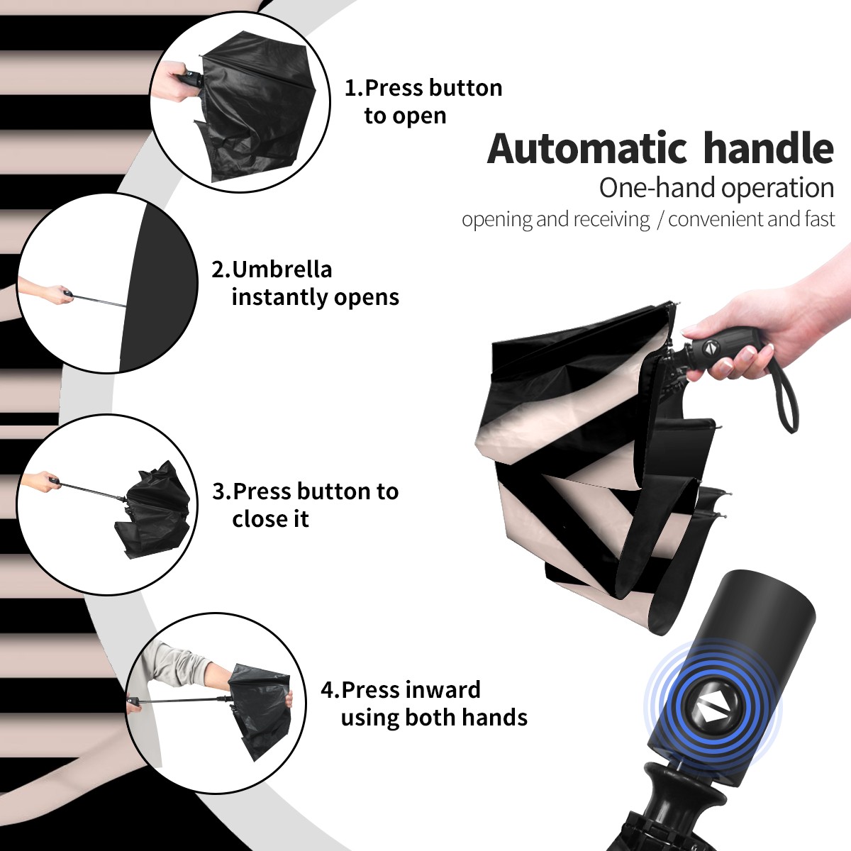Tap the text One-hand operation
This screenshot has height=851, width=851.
click(716, 188)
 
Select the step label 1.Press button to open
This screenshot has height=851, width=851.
click(423, 101)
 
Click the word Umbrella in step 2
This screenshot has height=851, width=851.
click(282, 269)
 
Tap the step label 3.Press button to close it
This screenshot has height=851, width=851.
click(305, 505)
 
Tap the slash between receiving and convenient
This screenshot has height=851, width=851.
click(660, 220)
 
